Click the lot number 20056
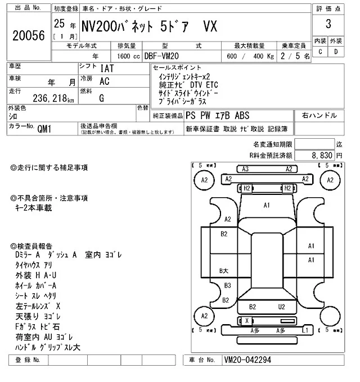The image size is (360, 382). click(x=28, y=36)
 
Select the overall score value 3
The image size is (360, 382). click(x=327, y=25)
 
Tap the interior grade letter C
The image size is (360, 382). click(x=320, y=52)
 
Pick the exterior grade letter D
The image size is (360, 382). click(x=336, y=52)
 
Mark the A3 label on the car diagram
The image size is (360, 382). click(x=245, y=169)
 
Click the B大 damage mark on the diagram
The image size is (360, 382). click(x=224, y=271)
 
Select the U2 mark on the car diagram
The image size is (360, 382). click(x=282, y=307)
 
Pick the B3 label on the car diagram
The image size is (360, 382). click(x=227, y=285)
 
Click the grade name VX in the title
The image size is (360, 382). click(x=209, y=26)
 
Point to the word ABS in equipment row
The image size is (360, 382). click(x=242, y=116)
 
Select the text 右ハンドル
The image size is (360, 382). click(x=319, y=116)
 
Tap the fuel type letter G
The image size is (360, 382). click(x=101, y=98)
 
